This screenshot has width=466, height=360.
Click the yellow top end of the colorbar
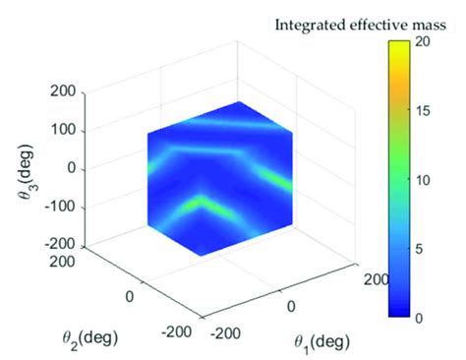click(397, 46)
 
